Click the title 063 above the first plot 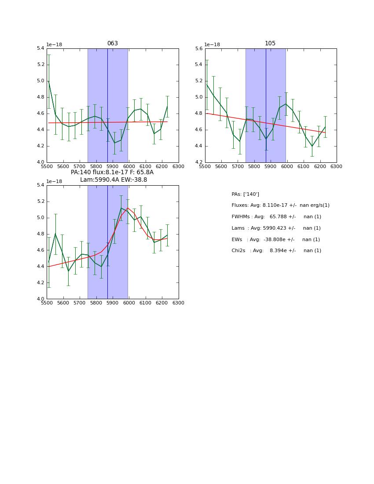[113, 44]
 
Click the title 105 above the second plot [270, 44]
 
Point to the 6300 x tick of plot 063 [178, 166]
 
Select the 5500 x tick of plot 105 [205, 166]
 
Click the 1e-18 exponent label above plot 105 [212, 44]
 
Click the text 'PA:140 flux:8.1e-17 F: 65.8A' [112, 172]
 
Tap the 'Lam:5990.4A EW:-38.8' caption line [114, 180]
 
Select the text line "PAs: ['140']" [245, 194]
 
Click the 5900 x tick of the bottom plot [113, 303]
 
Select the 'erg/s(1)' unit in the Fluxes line [315, 205]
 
